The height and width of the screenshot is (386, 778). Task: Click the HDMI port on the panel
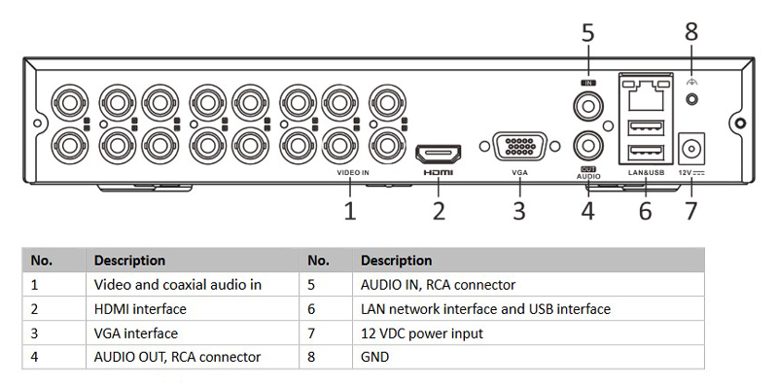pyautogui.click(x=439, y=155)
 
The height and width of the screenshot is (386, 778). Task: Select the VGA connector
pyautogui.click(x=520, y=147)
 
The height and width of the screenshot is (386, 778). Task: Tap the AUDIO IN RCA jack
pyautogui.click(x=588, y=106)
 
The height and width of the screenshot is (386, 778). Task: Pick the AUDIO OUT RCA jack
pyautogui.click(x=588, y=146)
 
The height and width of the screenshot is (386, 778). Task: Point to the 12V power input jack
pyautogui.click(x=691, y=148)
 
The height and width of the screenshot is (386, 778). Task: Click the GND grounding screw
pyautogui.click(x=691, y=99)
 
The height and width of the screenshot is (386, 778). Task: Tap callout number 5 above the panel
pyautogui.click(x=587, y=33)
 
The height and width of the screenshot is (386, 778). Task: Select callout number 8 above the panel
pyautogui.click(x=691, y=32)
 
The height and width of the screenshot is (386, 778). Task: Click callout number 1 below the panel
pyautogui.click(x=350, y=211)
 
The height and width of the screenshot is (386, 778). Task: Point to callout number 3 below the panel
pyautogui.click(x=519, y=211)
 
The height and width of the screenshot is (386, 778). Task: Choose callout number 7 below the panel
pyautogui.click(x=691, y=211)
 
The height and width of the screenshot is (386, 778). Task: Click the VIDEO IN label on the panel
pyautogui.click(x=353, y=173)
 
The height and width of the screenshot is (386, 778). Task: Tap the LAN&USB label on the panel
pyautogui.click(x=646, y=173)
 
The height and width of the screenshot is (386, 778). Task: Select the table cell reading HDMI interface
pyautogui.click(x=140, y=309)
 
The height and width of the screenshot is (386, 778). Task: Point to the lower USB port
pyautogui.click(x=646, y=153)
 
